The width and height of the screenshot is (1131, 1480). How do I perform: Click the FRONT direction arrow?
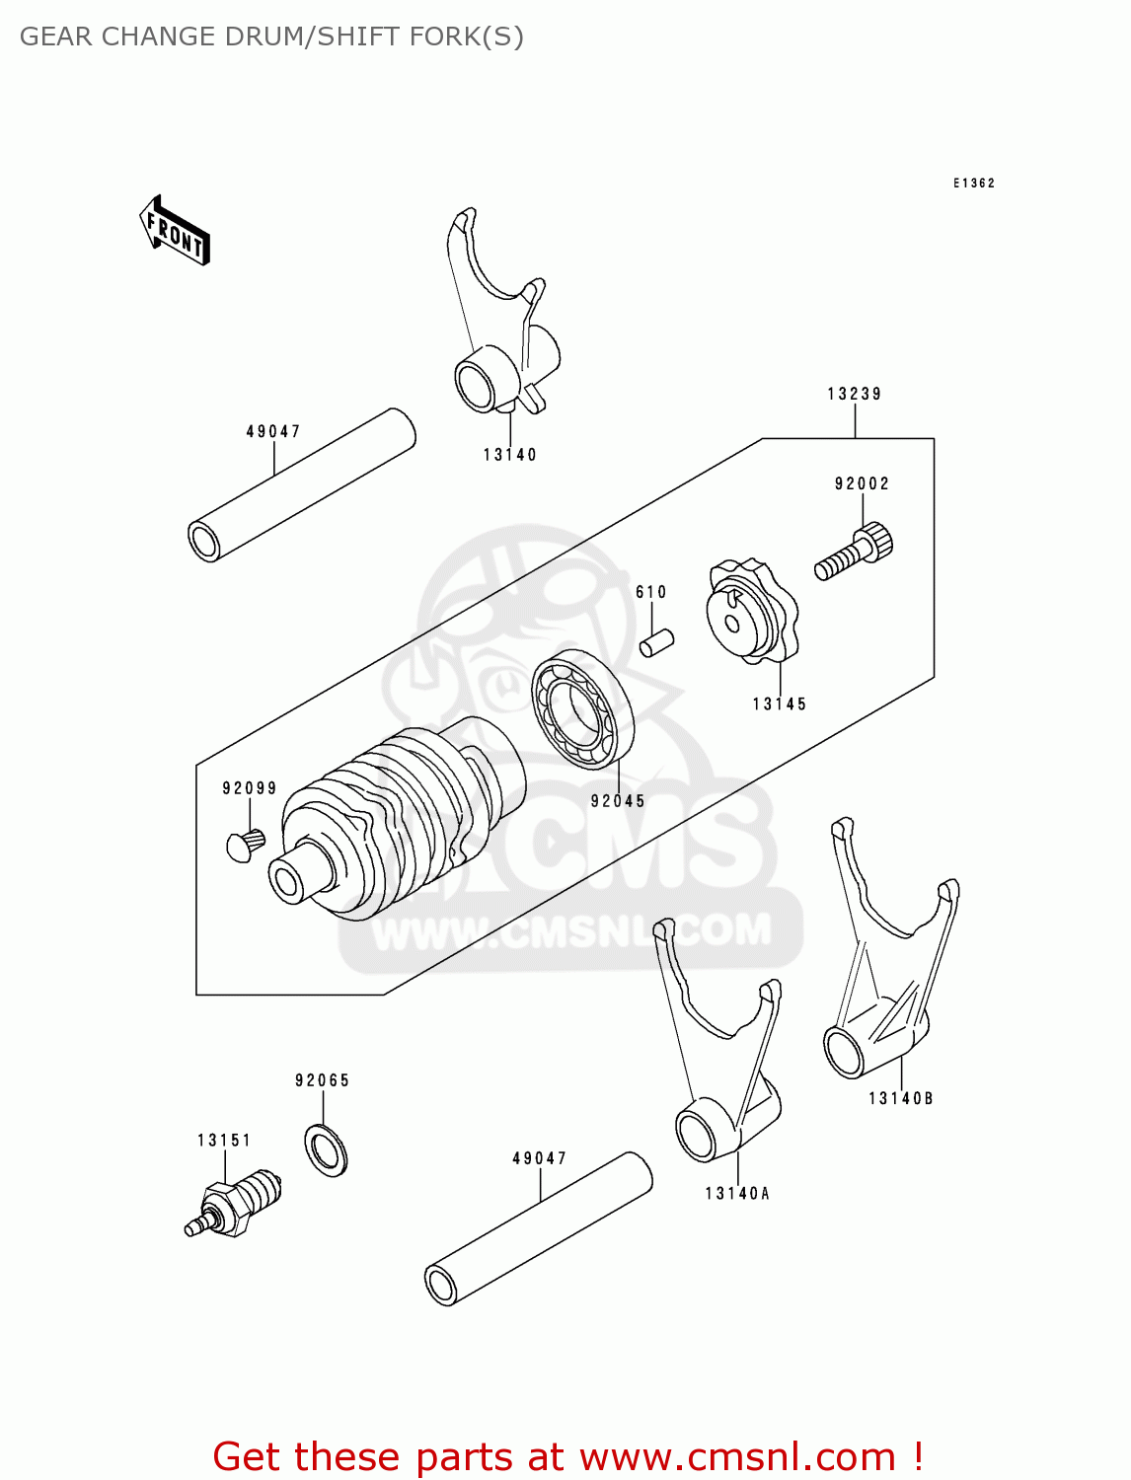pyautogui.click(x=176, y=231)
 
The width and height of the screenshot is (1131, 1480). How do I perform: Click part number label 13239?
pyautogui.click(x=854, y=394)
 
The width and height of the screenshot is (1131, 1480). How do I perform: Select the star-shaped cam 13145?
pyautogui.click(x=750, y=612)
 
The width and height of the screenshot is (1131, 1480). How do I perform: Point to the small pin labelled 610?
pyautogui.click(x=656, y=642)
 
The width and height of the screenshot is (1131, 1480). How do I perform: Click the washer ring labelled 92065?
pyautogui.click(x=326, y=1149)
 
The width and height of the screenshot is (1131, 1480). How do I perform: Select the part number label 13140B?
pyautogui.click(x=900, y=1098)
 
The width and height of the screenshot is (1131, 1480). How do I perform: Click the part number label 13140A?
pyautogui.click(x=736, y=1193)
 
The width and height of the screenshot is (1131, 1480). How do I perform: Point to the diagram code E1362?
pyautogui.click(x=973, y=184)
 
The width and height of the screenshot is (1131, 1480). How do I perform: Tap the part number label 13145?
pyautogui.click(x=779, y=703)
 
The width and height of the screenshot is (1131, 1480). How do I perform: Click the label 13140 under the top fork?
pyautogui.click(x=509, y=455)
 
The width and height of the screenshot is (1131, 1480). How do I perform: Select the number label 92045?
pyautogui.click(x=618, y=801)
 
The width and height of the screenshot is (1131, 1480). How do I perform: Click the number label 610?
pyautogui.click(x=650, y=592)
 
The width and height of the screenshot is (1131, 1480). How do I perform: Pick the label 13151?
pyautogui.click(x=224, y=1141)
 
